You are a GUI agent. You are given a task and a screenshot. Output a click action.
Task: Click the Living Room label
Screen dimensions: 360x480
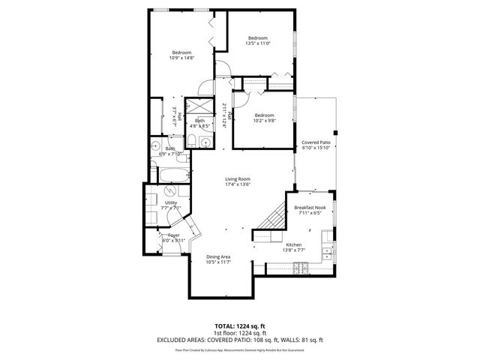pos(238,179)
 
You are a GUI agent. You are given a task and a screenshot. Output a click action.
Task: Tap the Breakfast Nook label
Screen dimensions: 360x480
pos(310,207)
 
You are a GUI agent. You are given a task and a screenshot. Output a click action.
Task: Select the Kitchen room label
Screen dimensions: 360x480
pos(294,245)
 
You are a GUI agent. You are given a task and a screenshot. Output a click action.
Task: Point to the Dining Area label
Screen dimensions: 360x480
pos(218,257)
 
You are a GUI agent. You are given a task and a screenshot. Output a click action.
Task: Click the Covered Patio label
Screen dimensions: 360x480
pos(316,142)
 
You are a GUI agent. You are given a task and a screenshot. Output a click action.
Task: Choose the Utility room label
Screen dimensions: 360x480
pos(171,202)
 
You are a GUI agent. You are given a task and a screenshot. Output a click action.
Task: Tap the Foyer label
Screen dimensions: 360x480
pos(173,235)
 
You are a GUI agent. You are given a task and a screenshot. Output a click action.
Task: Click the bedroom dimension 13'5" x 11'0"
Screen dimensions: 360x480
pos(258,43)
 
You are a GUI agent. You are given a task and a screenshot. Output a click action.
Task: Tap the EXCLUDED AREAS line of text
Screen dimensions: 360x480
pos(240,340)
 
